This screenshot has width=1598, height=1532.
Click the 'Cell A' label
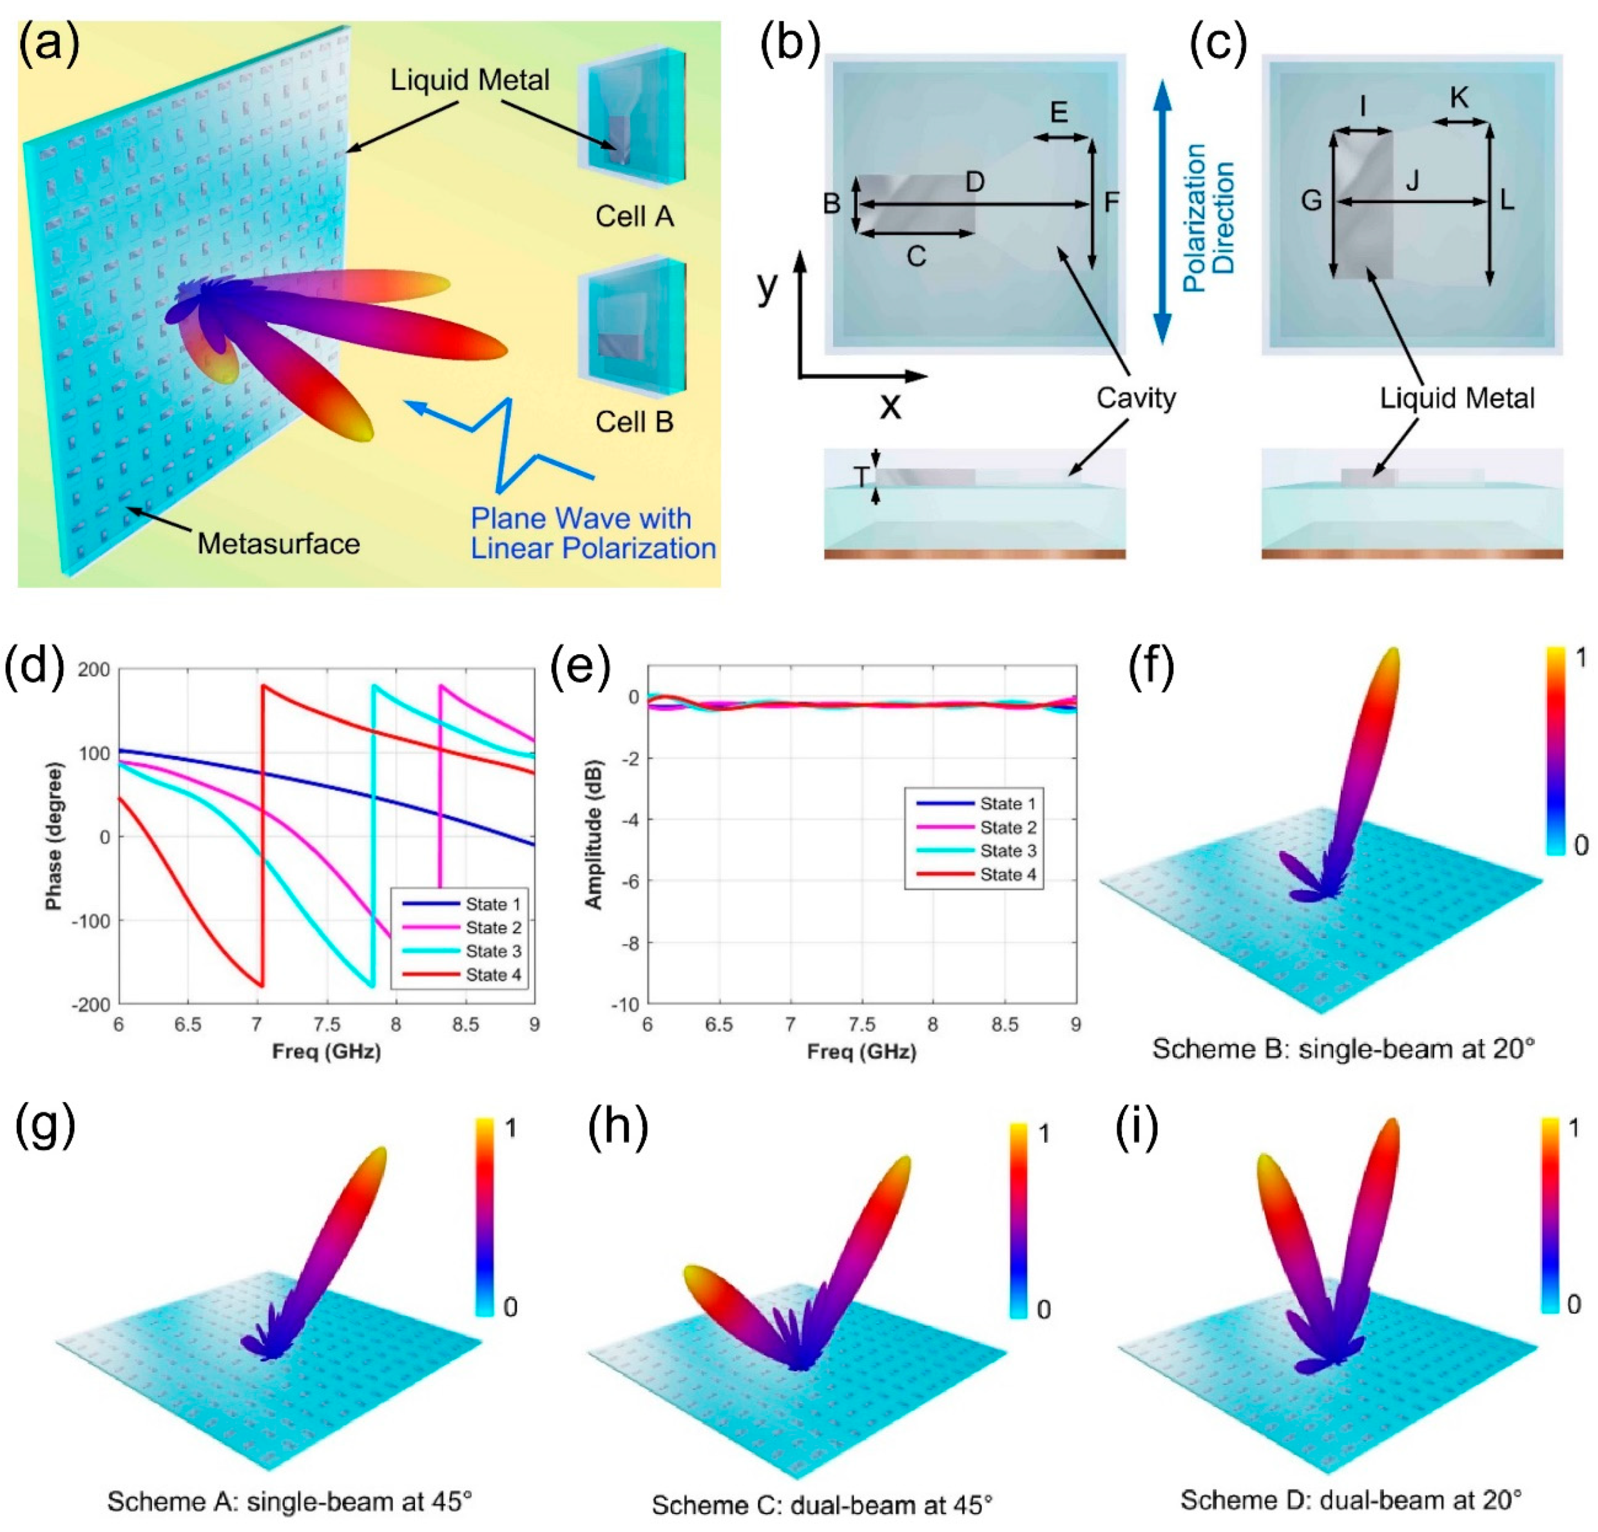point(634,216)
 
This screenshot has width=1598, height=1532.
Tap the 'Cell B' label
point(634,422)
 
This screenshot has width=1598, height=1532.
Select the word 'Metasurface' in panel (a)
point(279,544)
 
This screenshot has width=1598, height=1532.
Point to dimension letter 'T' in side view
point(861,477)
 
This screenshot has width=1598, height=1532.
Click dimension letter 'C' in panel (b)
point(916,257)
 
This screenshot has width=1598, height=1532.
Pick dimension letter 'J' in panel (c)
point(1413,181)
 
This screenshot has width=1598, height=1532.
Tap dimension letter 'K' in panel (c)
point(1459,99)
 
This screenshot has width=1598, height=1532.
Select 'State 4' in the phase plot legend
point(492,974)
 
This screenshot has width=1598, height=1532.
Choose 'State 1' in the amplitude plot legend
point(1008,804)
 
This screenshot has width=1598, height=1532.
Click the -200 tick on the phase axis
point(92,1005)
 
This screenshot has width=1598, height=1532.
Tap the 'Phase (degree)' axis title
point(55,836)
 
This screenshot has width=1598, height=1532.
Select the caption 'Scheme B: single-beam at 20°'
point(1343,1049)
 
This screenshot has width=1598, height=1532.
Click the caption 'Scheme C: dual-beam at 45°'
point(822,1505)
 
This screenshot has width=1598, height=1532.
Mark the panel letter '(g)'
point(46,1125)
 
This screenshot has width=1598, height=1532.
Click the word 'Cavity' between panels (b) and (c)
point(1136,399)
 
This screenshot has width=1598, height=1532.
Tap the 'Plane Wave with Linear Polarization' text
point(593,533)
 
